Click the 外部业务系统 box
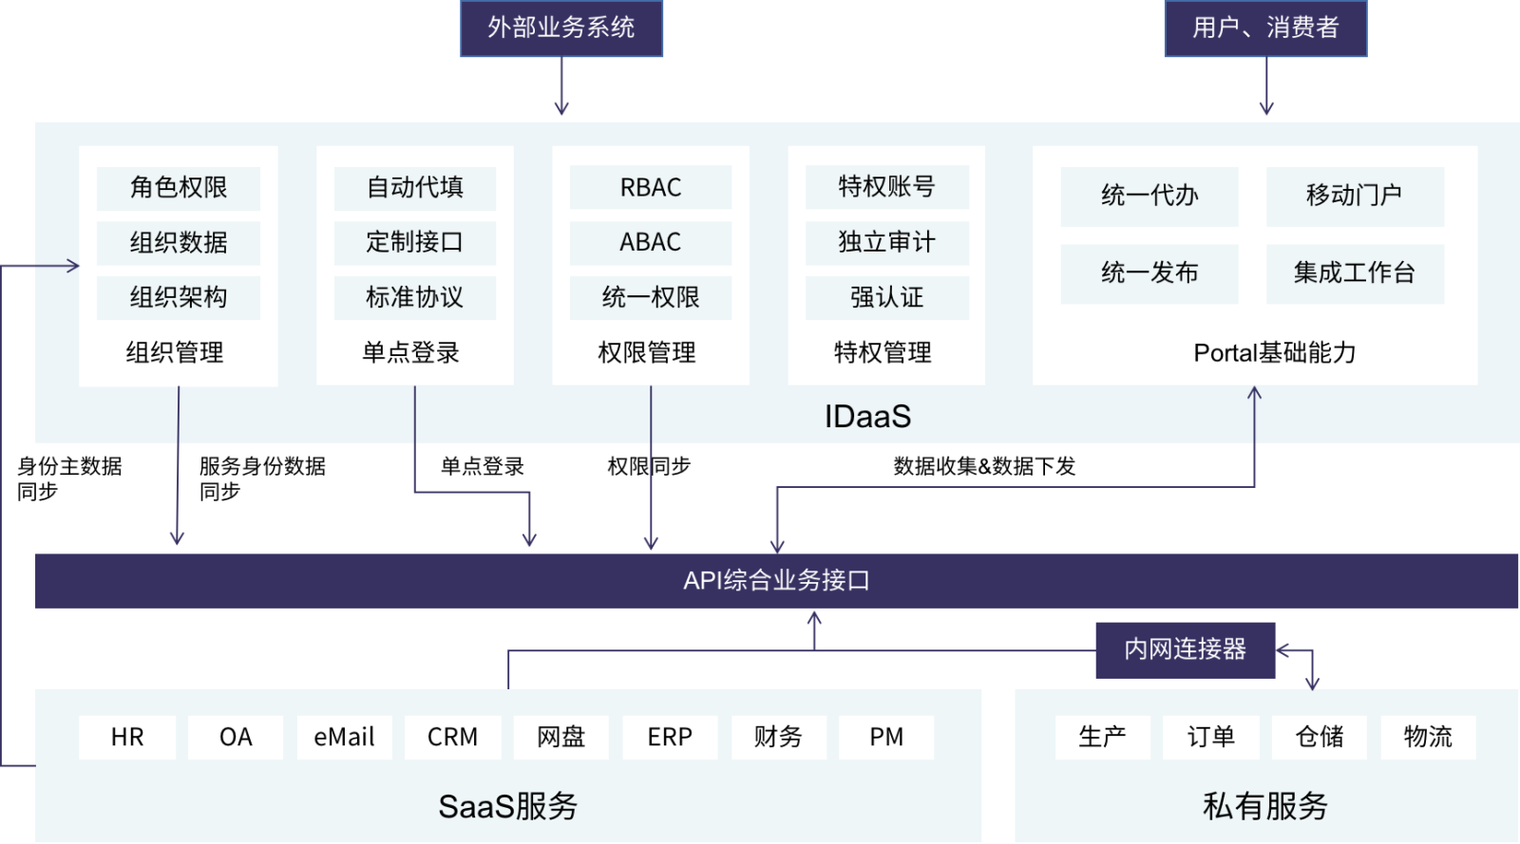click(x=561, y=28)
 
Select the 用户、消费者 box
click(x=1265, y=28)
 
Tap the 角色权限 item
click(x=179, y=188)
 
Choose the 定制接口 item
click(x=414, y=242)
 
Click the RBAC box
click(x=651, y=187)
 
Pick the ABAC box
click(x=651, y=242)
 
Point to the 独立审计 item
click(x=887, y=242)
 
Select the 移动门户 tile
click(x=1355, y=196)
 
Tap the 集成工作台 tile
click(x=1355, y=273)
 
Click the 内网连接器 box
click(x=1186, y=649)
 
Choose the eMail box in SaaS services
click(x=344, y=737)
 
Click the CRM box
click(x=452, y=737)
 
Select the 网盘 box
click(x=561, y=737)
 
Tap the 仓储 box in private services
click(x=1320, y=737)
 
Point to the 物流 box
click(x=1428, y=737)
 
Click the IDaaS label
click(x=868, y=416)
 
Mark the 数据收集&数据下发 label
click(x=984, y=466)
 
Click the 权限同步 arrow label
click(x=649, y=466)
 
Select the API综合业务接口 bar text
click(x=776, y=581)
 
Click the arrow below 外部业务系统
click(x=561, y=85)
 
